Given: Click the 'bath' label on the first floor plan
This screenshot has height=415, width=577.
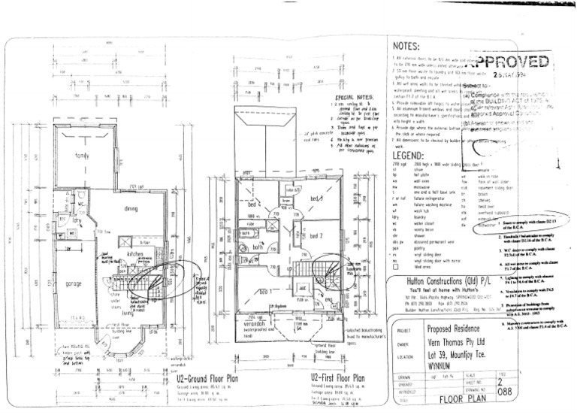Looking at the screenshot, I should [256, 247].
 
